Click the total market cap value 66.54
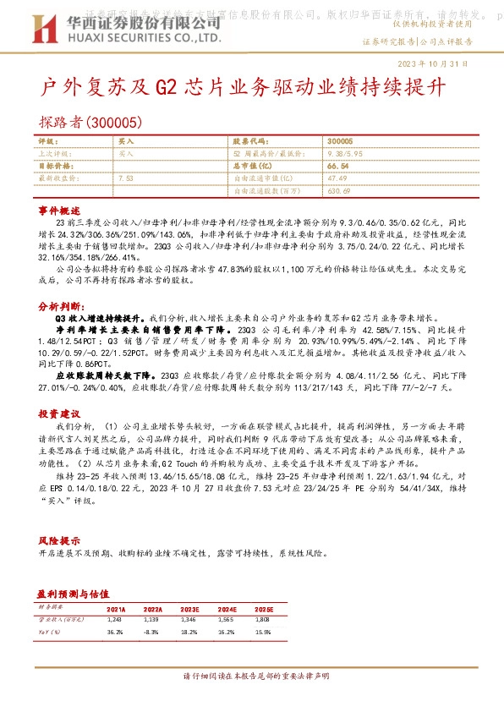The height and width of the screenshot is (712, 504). tap(339, 167)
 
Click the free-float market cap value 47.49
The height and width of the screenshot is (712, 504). tap(338, 178)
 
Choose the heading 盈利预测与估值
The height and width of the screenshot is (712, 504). tap(75, 594)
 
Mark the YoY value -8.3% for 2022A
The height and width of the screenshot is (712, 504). tap(152, 632)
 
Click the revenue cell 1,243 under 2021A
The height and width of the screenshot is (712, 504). tap(116, 621)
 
